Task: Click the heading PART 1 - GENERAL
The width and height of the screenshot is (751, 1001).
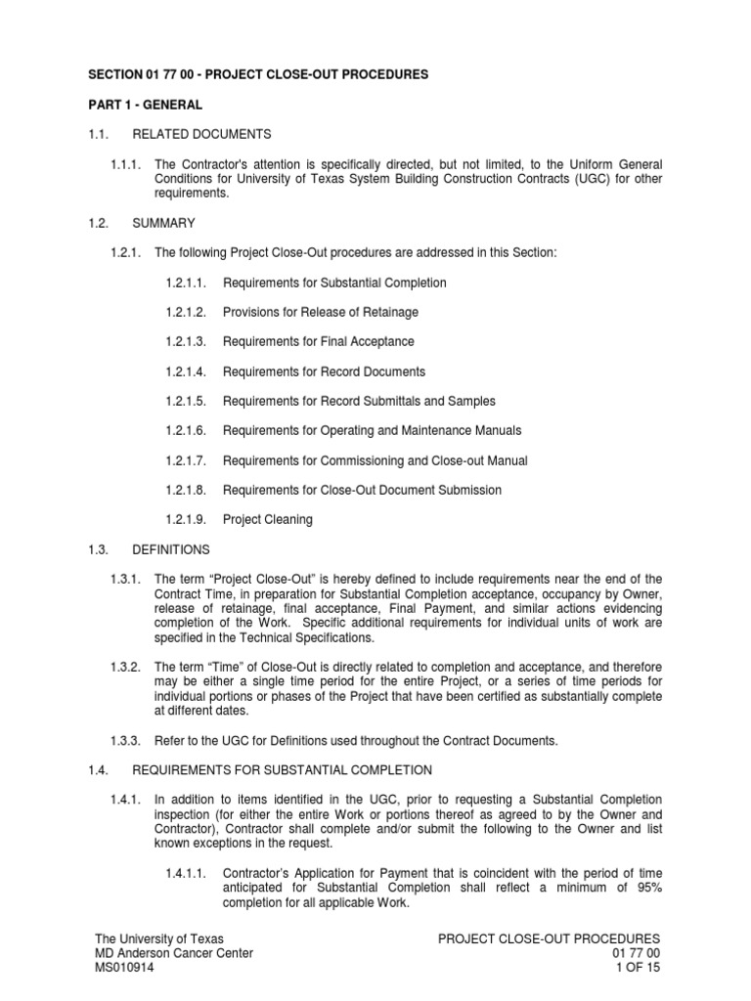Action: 149,105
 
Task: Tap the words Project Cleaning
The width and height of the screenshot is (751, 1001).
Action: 268,520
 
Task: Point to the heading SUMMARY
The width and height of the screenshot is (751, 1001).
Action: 163,223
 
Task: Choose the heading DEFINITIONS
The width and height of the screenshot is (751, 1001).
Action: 171,549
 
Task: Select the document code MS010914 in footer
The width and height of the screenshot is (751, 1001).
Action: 123,968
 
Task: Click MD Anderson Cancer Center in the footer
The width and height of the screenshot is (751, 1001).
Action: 174,953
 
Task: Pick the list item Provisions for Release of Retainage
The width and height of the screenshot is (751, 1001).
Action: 320,313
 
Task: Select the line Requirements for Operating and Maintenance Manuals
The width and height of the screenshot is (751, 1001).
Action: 372,431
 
